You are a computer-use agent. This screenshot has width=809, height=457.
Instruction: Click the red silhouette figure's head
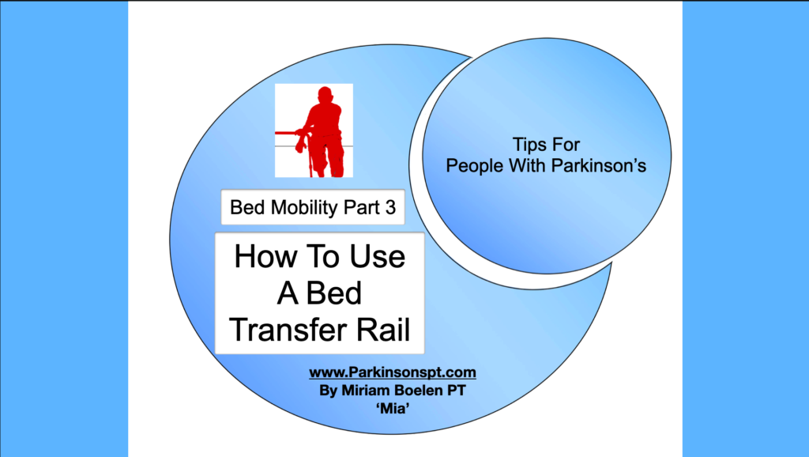pos(325,95)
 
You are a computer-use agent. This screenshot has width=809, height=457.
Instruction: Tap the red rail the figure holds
pos(287,134)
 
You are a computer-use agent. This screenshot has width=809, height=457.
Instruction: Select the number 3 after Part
pos(390,208)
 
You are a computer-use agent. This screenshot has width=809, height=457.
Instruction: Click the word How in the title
pos(265,256)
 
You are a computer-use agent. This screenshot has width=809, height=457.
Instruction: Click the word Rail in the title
pos(388,330)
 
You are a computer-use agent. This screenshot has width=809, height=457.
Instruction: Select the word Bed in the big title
pos(334,293)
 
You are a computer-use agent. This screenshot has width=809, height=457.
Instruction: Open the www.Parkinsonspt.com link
pos(393,372)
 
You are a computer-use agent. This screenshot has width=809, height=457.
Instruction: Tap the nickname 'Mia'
pos(393,409)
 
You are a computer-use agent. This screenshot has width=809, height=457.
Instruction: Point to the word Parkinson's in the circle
pos(599,166)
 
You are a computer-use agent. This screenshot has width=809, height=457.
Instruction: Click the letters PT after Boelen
pos(456,391)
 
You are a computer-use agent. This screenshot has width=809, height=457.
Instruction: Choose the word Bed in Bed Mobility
pos(248,208)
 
